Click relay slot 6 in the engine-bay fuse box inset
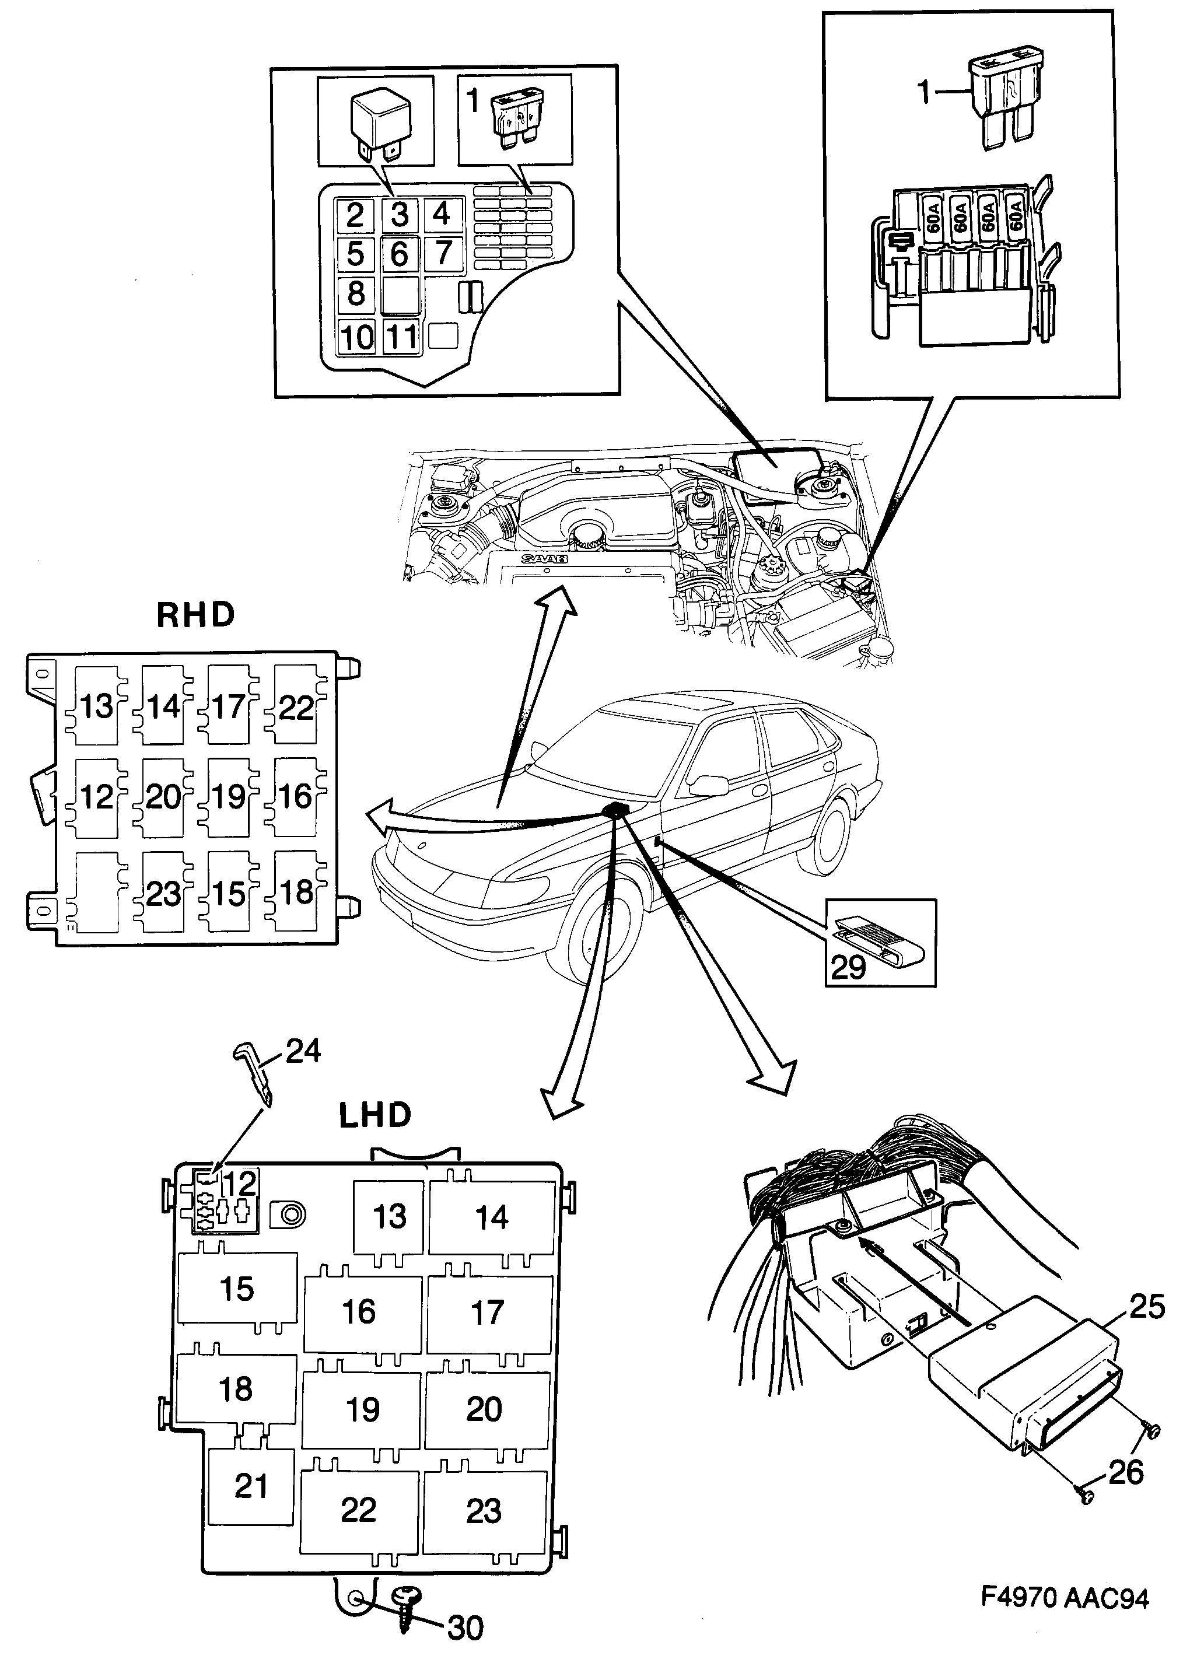pyautogui.click(x=400, y=254)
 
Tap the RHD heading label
pyautogui.click(x=195, y=615)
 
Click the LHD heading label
pyautogui.click(x=374, y=1116)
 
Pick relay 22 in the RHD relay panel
pyautogui.click(x=296, y=707)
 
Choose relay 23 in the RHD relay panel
pyautogui.click(x=163, y=894)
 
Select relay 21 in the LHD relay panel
pyautogui.click(x=251, y=1486)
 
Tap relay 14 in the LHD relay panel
pyautogui.click(x=492, y=1217)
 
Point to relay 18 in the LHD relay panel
pyautogui.click(x=236, y=1388)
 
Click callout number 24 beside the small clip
pyautogui.click(x=303, y=1051)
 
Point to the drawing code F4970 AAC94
pyautogui.click(x=1065, y=1598)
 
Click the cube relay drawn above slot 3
pyautogui.click(x=381, y=120)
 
